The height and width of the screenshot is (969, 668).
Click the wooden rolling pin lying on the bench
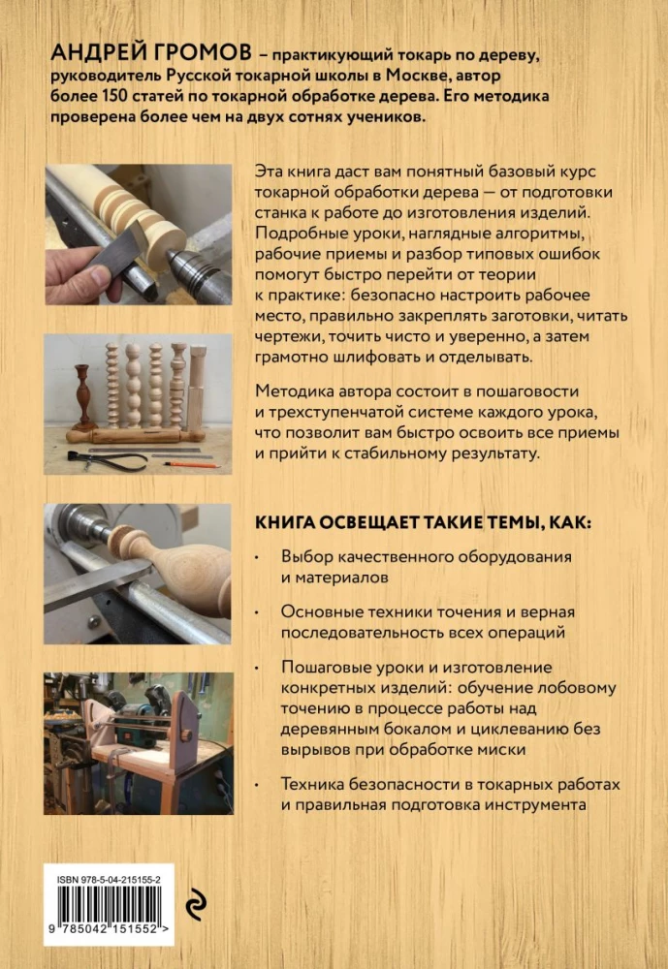136,437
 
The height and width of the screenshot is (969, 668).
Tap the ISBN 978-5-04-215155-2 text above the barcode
109,880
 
